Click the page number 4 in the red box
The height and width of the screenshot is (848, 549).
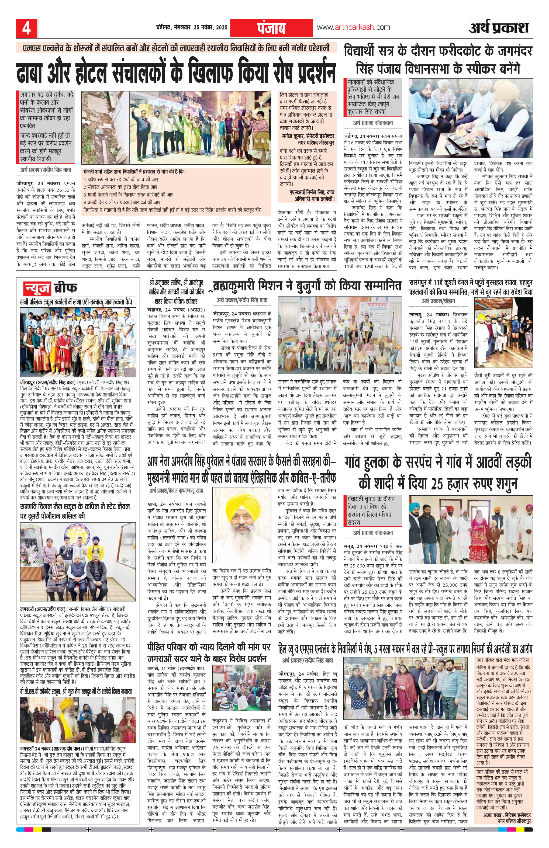[27, 28]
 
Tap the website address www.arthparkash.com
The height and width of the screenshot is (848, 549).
[353, 27]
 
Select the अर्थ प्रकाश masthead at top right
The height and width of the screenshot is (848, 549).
[498, 27]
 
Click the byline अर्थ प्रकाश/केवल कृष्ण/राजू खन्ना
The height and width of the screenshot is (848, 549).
[177, 491]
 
